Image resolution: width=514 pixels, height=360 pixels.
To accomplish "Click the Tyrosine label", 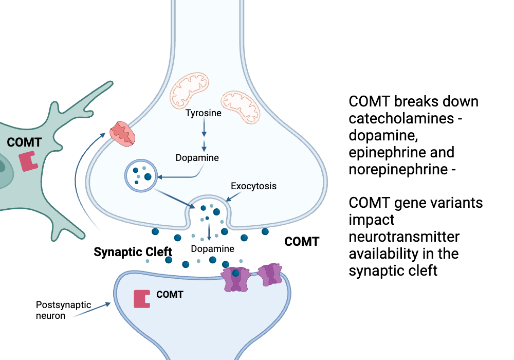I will (x=204, y=113).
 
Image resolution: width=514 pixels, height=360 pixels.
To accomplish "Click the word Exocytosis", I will (x=253, y=186).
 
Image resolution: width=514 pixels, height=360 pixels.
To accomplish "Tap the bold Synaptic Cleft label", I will (x=133, y=252).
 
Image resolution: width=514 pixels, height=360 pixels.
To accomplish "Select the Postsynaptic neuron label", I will (x=56, y=310).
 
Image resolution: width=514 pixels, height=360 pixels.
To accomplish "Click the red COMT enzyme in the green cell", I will (x=29, y=161).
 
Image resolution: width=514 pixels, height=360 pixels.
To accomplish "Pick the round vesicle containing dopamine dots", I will (x=141, y=175).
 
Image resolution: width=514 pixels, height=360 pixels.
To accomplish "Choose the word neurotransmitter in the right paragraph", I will (x=404, y=237).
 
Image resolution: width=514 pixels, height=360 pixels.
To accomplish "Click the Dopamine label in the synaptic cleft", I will (x=212, y=249).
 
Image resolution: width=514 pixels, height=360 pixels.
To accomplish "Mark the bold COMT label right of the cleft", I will (x=302, y=241).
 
